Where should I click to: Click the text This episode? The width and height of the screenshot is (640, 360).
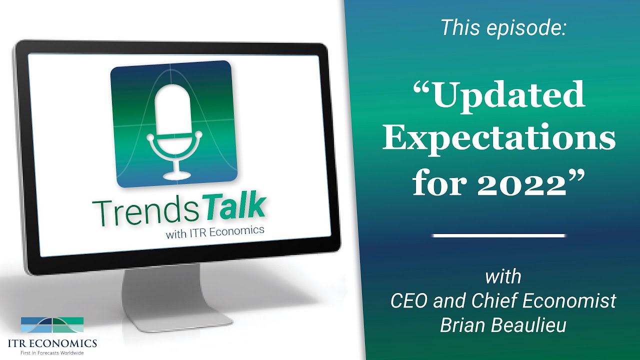[x=503, y=27]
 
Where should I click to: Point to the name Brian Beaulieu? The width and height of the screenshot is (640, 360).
[x=503, y=325]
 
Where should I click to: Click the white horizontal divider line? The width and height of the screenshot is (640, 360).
[x=499, y=235]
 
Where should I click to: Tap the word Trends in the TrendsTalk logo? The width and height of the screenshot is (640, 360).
[x=145, y=213]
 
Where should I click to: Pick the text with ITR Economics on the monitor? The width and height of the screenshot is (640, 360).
[x=215, y=231]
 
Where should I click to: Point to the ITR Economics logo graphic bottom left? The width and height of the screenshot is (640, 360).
[x=52, y=325]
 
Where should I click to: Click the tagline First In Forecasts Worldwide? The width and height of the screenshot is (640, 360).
[x=52, y=353]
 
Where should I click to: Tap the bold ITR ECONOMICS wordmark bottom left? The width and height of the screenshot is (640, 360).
[x=52, y=343]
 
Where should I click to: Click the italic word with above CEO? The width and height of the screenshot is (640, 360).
[x=503, y=276]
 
